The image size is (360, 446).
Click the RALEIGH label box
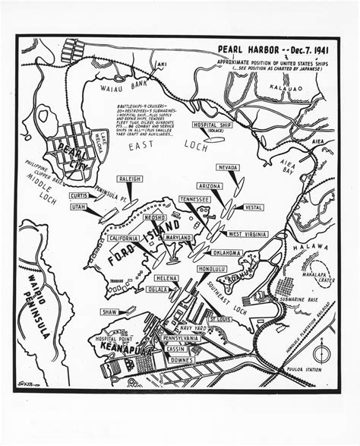click(x=129, y=179)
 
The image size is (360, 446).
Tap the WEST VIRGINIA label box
click(x=247, y=234)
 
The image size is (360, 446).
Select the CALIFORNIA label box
click(x=123, y=238)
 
